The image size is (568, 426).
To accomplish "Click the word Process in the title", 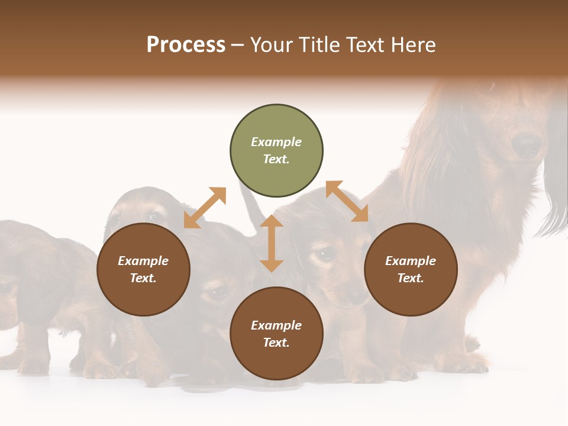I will pyautogui.click(x=186, y=45).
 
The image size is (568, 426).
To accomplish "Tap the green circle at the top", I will pyautogui.click(x=276, y=151).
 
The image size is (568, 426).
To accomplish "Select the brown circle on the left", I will pyautogui.click(x=143, y=269).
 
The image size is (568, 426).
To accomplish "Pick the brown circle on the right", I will pyautogui.click(x=411, y=269).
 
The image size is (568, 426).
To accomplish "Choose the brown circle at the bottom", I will pyautogui.click(x=276, y=334).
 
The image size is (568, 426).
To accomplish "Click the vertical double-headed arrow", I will pyautogui.click(x=272, y=243).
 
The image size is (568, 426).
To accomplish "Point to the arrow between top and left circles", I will pyautogui.click(x=205, y=208).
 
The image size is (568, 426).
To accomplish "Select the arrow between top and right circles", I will pyautogui.click(x=347, y=201).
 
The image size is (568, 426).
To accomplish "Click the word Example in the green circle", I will pyautogui.click(x=276, y=142).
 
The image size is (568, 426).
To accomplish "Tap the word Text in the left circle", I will pyautogui.click(x=143, y=278).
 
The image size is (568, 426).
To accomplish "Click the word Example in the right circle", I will pyautogui.click(x=411, y=261).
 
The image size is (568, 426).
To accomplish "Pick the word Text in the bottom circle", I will pyautogui.click(x=276, y=343).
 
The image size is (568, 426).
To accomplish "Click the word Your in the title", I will pyautogui.click(x=270, y=45).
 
